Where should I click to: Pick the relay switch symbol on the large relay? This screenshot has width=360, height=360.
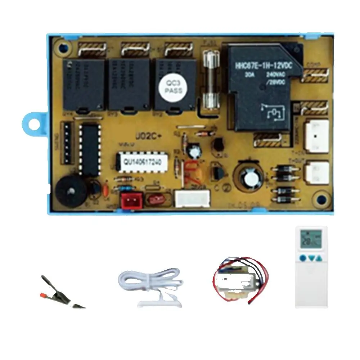tap(273, 110)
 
